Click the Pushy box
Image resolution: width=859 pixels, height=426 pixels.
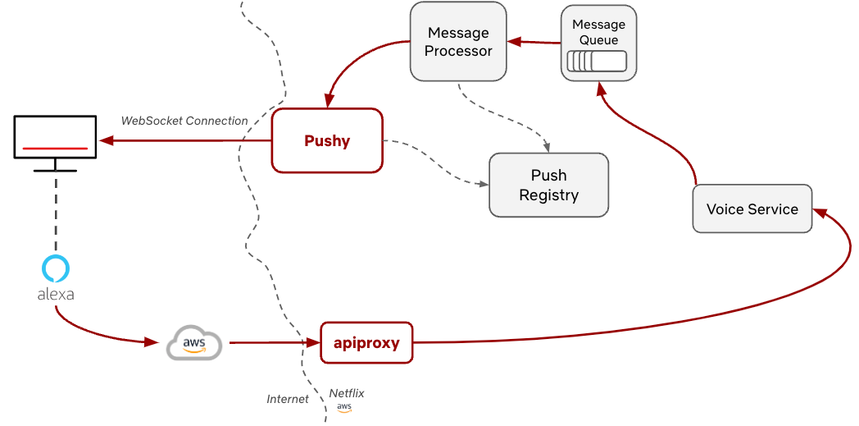click(327, 140)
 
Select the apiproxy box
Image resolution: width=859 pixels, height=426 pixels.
click(366, 342)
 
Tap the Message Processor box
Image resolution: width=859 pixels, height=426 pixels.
click(458, 42)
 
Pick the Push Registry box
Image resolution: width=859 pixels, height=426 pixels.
click(548, 185)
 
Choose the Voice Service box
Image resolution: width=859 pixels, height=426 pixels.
click(752, 209)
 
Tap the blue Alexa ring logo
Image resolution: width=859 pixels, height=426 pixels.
click(56, 268)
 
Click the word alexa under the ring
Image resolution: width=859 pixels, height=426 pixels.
click(56, 294)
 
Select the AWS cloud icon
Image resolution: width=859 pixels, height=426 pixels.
click(194, 342)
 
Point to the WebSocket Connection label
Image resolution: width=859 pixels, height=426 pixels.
click(184, 121)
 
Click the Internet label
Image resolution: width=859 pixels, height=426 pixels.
click(288, 399)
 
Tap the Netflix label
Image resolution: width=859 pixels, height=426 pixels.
click(347, 393)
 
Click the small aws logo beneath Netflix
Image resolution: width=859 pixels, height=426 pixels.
click(344, 408)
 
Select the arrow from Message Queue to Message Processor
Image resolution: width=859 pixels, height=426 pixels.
click(534, 41)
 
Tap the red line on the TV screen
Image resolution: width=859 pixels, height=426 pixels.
click(55, 149)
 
